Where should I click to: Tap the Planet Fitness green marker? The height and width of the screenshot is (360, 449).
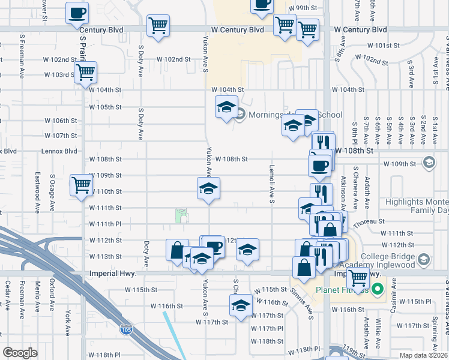377,289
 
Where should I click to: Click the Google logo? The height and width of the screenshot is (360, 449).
20,353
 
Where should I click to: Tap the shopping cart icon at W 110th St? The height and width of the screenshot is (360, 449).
80,185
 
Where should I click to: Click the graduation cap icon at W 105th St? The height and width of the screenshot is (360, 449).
226,107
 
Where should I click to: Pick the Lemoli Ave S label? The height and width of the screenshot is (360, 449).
273,184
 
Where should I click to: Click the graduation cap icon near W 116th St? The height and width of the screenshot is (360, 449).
241,305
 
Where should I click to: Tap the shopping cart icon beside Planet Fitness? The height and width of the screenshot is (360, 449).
358,278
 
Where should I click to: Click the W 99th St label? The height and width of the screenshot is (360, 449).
302,8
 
